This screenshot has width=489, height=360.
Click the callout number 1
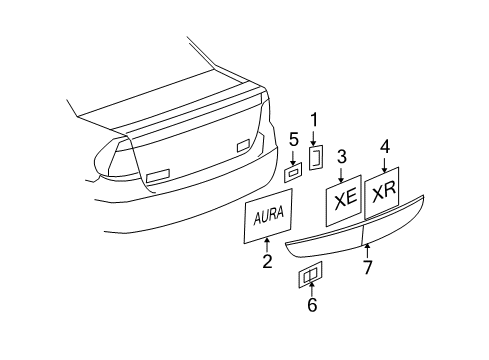[x=313, y=119]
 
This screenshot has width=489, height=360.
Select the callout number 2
[x=267, y=262]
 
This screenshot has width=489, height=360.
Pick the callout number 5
[x=293, y=139]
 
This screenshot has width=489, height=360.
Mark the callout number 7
[x=367, y=266]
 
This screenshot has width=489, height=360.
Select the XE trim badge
[x=344, y=199]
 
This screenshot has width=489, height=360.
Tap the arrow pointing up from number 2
[x=267, y=245]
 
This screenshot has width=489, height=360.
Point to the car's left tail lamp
[x=115, y=160]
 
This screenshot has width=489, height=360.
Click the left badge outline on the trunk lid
[x=158, y=177]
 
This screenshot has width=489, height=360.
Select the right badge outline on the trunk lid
[x=243, y=146]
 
